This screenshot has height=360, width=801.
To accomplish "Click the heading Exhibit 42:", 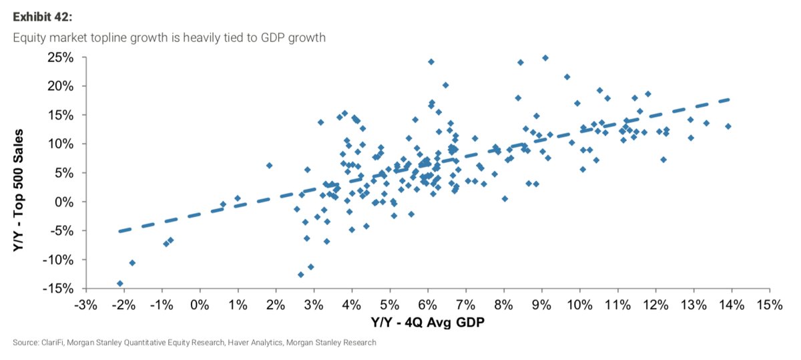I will tap(42, 17).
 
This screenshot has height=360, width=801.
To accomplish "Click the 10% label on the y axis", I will tap(60, 144).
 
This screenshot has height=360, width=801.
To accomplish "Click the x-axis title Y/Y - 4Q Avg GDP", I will tap(428, 322).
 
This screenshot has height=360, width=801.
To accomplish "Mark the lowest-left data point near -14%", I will tap(120, 283).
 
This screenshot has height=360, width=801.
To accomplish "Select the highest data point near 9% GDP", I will tap(545, 58).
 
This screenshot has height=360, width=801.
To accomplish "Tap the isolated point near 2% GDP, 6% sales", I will tap(270, 166).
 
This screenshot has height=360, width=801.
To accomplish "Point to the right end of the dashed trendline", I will tap(730, 100).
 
